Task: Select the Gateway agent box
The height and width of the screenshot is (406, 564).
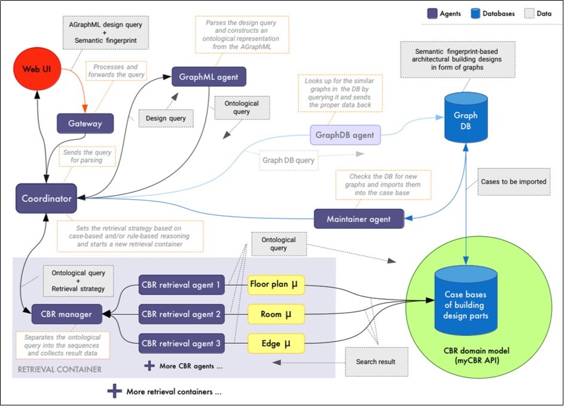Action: tap(85, 124)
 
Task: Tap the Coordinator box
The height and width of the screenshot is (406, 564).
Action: tap(46, 199)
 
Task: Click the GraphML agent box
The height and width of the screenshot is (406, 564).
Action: tap(209, 77)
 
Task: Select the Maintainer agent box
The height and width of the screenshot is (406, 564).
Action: tap(359, 219)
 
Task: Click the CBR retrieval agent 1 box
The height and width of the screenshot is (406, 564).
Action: tap(181, 285)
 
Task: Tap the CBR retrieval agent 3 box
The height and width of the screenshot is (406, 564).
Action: tap(181, 343)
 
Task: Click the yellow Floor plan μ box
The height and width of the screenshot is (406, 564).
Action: tap(276, 286)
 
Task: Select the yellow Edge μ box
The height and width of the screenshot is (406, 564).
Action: tap(276, 343)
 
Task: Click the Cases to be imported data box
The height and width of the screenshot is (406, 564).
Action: tap(513, 181)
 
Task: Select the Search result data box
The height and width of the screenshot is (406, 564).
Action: tap(374, 362)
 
